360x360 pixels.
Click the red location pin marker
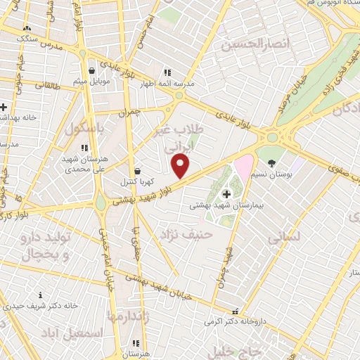pos(181,167)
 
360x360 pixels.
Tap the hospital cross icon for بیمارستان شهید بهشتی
pos(226,194)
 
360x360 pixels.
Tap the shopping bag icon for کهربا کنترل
pos(137,171)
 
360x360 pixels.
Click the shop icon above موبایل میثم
pos(93,70)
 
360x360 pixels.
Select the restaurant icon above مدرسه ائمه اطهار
pos(167,72)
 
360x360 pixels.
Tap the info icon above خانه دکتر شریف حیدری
pos(41,295)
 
